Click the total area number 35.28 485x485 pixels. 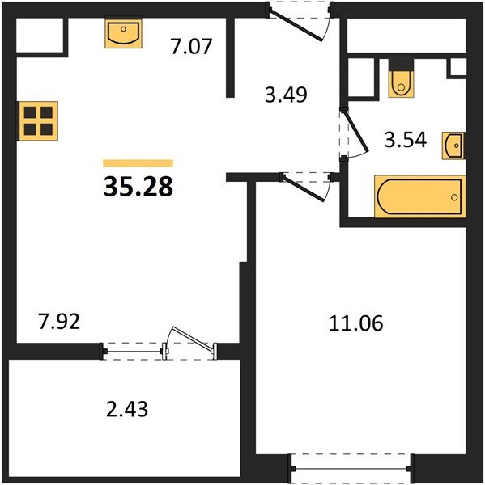pos(138,187)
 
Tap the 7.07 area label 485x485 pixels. pos(191,46)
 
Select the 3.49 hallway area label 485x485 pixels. pos(286,95)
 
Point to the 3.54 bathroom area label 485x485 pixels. pos(406,140)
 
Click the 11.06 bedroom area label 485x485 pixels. pos(355,323)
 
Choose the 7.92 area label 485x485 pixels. pos(59,321)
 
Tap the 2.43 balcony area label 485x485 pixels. pos(127,409)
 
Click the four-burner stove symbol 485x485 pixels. pos(38,121)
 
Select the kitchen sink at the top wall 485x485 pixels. pos(123,33)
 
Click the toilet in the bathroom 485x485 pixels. pos(401,84)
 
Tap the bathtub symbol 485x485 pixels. pos(420,196)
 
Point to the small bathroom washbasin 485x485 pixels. pos(453,145)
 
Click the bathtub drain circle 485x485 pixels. pos(454,197)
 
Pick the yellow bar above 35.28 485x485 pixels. pos(138,163)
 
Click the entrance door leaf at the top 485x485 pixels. pos(297,27)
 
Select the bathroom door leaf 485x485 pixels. pos(356,132)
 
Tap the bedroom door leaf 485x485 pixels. pos(304,189)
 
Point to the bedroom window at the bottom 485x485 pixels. pos(351,469)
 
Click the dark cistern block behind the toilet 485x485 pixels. pos(402,65)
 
